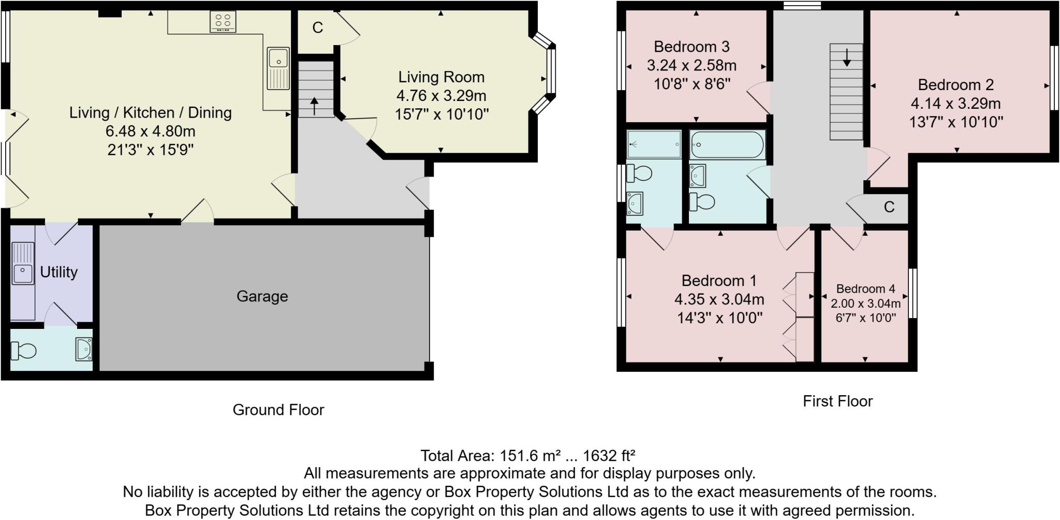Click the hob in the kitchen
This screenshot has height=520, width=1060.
coord(223,22)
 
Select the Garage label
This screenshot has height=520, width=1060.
coord(262,296)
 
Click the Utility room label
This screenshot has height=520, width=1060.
coord(58,272)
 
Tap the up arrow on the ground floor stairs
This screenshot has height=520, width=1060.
coord(314,106)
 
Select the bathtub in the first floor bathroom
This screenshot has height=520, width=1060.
coord(727,145)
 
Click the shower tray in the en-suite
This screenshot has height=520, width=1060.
coord(654,144)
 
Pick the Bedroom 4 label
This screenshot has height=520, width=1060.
coord(865,289)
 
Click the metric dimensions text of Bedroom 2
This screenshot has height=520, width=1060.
coord(955,104)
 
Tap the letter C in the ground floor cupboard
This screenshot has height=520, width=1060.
coord(318,27)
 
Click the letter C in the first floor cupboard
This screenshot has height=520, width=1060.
coord(889,207)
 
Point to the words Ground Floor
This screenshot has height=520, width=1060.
coord(278,410)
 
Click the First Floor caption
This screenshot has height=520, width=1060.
coord(837,401)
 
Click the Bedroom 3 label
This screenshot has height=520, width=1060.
coord(691,47)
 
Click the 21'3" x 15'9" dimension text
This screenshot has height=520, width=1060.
coord(151,150)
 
